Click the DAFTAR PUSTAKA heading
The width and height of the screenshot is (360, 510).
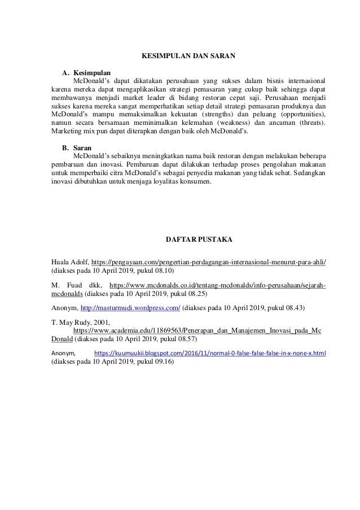[187, 239]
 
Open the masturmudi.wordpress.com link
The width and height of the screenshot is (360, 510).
[130, 308]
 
